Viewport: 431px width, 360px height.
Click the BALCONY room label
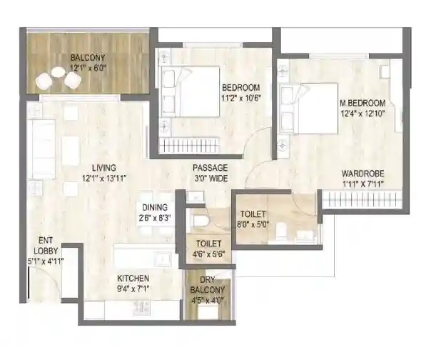pos(88,58)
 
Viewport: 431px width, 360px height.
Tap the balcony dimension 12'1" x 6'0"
pos(88,68)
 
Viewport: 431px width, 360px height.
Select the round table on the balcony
pos(59,72)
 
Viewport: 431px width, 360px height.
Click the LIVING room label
pos(104,168)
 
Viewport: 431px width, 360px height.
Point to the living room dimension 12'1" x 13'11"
pos(104,179)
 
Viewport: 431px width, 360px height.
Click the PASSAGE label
pos(210,168)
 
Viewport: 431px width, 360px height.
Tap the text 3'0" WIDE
pos(211,179)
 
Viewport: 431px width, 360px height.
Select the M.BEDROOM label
pos(362,103)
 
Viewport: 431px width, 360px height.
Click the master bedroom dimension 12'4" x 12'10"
pos(362,113)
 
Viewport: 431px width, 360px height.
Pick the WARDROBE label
pos(362,174)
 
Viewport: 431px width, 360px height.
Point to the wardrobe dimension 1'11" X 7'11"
pos(362,184)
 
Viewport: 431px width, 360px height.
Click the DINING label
pos(155,207)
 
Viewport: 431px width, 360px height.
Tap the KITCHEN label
pos(133,279)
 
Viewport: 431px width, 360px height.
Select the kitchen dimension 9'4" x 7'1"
pos(133,289)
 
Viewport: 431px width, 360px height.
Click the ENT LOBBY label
pos(46,246)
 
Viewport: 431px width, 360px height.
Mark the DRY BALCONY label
pos(208,285)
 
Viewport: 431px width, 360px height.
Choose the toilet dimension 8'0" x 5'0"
pos(253,224)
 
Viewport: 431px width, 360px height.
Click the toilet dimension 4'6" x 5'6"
pos(208,254)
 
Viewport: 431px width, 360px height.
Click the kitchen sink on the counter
pos(163,259)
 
